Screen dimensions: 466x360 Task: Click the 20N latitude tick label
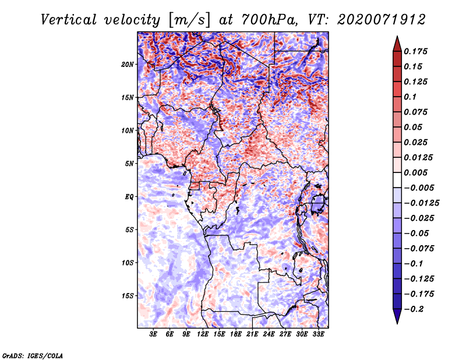coord(127,65)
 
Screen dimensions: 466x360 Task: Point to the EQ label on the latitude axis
coord(129,197)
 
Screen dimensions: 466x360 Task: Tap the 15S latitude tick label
coord(127,296)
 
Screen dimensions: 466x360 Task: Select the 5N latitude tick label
coord(129,164)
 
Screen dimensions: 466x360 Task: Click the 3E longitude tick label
coord(153,334)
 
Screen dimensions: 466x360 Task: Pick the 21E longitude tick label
coord(252,334)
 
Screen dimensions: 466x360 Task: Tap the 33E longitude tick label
coord(318,334)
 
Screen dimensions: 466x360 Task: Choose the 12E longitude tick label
coord(202,334)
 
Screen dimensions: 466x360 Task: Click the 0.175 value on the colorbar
coord(415,51)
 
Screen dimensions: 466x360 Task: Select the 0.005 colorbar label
coord(415,172)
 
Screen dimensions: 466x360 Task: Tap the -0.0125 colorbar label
coord(421,203)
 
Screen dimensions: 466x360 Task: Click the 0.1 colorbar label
coord(410,97)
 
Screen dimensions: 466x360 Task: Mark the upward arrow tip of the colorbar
coord(397,36)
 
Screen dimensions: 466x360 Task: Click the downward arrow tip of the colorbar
coord(397,323)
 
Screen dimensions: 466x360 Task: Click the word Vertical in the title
coord(69,20)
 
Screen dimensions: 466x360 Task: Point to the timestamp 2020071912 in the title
coord(382,20)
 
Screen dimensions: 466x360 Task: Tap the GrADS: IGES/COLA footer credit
coord(33,356)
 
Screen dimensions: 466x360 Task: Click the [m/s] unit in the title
coord(189,20)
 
